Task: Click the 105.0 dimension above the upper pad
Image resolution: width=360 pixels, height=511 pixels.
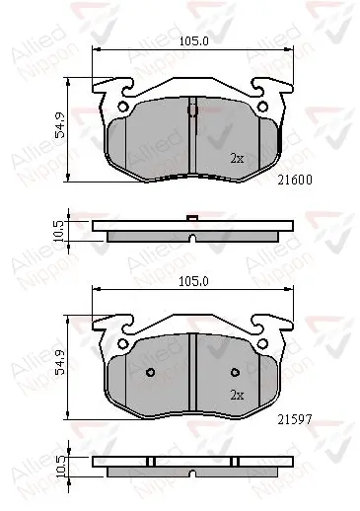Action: (x=193, y=42)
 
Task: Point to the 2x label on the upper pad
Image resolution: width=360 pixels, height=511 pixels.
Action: (x=237, y=158)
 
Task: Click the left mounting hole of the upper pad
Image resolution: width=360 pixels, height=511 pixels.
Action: (x=122, y=108)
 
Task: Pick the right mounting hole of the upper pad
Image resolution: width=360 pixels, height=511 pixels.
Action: (x=263, y=108)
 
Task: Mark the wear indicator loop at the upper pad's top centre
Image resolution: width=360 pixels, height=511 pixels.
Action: (x=193, y=110)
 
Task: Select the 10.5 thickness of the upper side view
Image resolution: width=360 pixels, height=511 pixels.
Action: (x=59, y=229)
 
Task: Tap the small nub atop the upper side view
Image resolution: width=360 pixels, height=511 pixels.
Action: (x=193, y=218)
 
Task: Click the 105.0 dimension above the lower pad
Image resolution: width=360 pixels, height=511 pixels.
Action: (x=193, y=280)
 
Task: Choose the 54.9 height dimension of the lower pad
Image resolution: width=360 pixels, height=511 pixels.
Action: (x=59, y=362)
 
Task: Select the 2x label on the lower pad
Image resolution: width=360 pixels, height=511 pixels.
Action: (x=237, y=395)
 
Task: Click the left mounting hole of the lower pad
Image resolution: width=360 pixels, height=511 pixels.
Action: (x=122, y=343)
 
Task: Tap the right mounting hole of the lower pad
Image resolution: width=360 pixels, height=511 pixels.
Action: (x=263, y=343)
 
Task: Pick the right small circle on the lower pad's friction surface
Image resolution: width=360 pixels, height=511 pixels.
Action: (x=236, y=373)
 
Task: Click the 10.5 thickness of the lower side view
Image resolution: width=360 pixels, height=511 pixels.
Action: (x=59, y=466)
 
